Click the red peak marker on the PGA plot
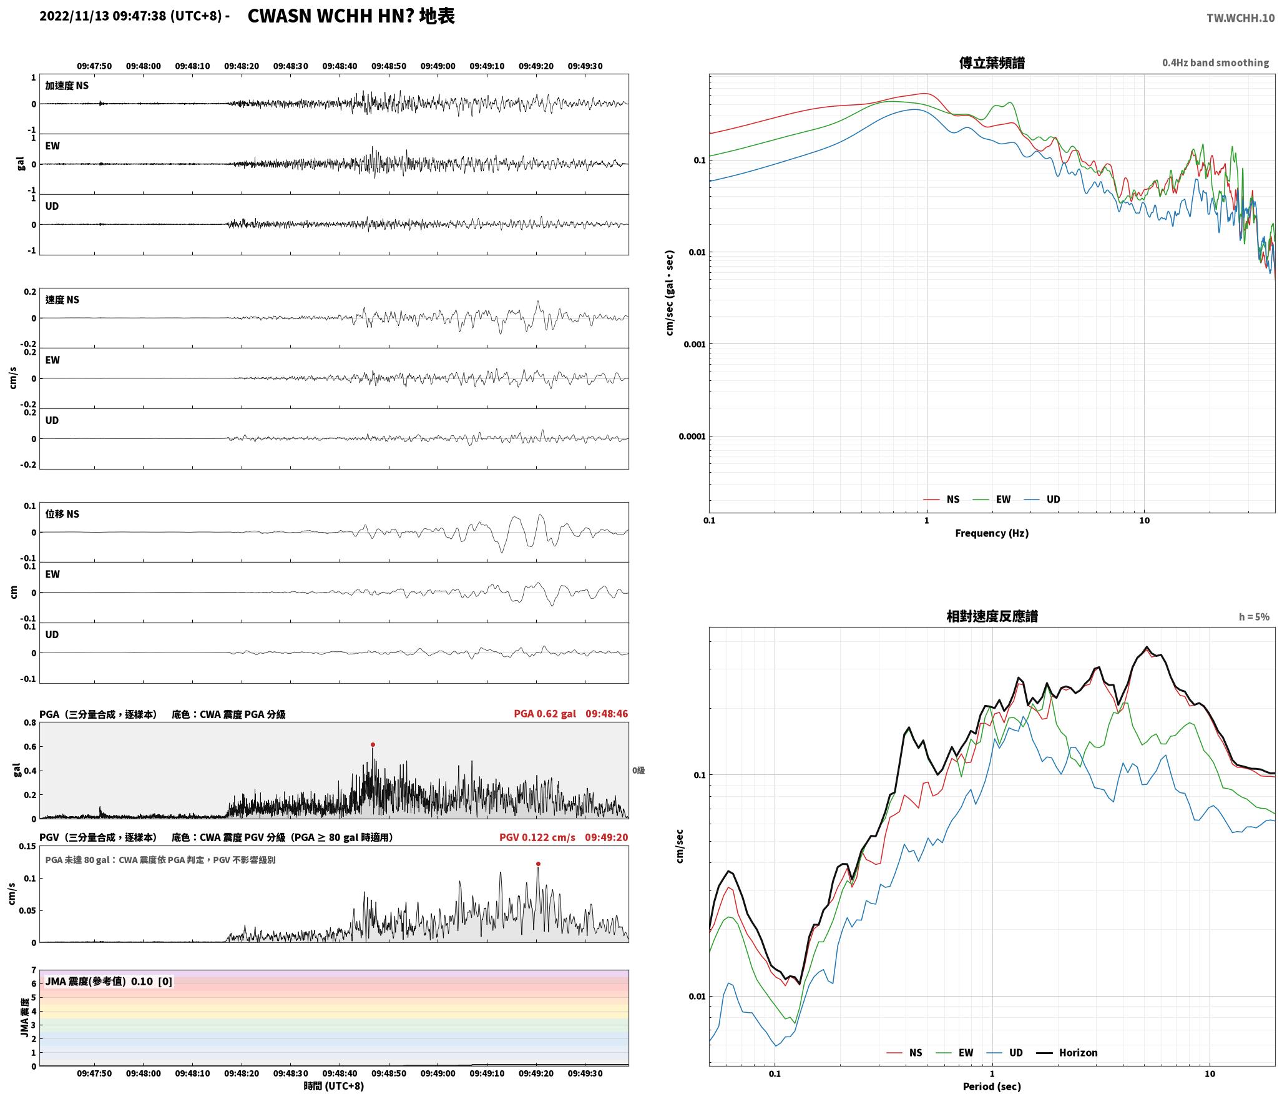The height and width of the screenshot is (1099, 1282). pyautogui.click(x=373, y=744)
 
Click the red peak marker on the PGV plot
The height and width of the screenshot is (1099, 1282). pyautogui.click(x=538, y=864)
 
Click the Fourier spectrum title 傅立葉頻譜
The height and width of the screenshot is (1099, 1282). pyautogui.click(x=992, y=62)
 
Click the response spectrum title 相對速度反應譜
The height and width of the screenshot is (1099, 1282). pyautogui.click(x=992, y=616)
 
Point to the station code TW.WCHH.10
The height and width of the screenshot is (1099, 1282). pyautogui.click(x=1240, y=18)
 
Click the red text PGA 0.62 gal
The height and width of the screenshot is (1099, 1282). pyautogui.click(x=545, y=714)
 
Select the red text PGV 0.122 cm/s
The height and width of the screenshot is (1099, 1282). pyautogui.click(x=537, y=837)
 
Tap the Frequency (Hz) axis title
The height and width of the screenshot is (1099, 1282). pyautogui.click(x=992, y=533)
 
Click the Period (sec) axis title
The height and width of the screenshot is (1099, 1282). pyautogui.click(x=992, y=1087)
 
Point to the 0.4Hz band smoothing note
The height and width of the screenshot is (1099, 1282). pyautogui.click(x=1215, y=63)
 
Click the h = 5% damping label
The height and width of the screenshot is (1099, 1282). pyautogui.click(x=1254, y=617)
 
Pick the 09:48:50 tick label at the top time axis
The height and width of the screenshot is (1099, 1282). pyautogui.click(x=389, y=66)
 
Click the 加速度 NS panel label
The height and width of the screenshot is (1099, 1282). pyautogui.click(x=67, y=86)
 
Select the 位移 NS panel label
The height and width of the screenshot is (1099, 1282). pyautogui.click(x=62, y=514)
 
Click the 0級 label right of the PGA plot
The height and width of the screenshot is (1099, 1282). pyautogui.click(x=639, y=771)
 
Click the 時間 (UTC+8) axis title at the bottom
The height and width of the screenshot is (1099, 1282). pyautogui.click(x=334, y=1086)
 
